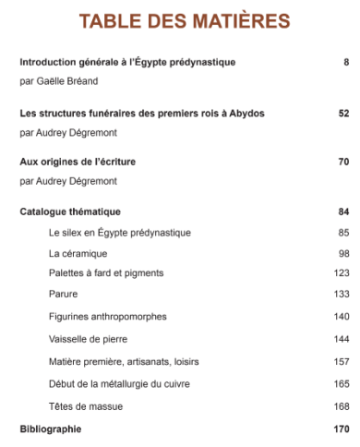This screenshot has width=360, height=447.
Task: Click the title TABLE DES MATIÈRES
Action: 184,21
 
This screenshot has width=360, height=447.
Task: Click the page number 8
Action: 345,62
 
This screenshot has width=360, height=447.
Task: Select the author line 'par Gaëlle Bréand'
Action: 57,81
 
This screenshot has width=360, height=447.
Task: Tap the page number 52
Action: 342,114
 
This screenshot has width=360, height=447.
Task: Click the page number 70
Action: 342,162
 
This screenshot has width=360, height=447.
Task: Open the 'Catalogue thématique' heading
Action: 70,211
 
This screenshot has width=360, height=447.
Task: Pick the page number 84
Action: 342,211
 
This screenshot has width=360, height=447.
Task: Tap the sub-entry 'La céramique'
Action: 78,253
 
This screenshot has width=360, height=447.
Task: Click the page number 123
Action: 341,273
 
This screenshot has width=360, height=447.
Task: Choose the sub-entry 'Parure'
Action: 63,294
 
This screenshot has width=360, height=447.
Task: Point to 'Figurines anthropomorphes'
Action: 107,316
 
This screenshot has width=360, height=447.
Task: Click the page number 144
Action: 341,339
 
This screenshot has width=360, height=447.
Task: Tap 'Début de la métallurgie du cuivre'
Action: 121,383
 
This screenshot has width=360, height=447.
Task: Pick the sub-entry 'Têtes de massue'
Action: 86,406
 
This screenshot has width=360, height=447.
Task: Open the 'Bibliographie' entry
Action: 51,429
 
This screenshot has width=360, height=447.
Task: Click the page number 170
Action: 341,429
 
